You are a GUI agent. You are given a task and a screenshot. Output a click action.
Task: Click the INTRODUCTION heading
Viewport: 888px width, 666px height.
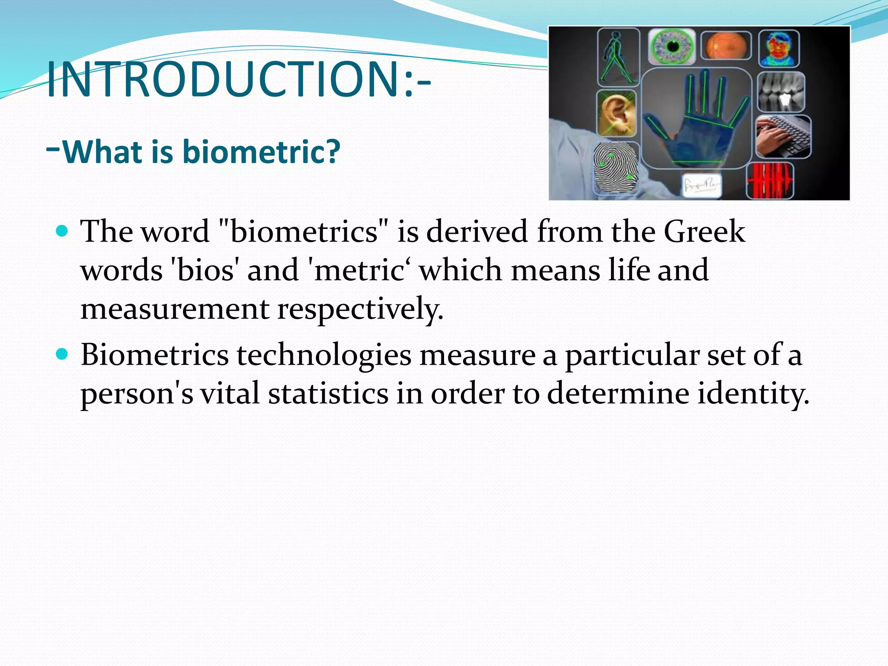click(x=238, y=79)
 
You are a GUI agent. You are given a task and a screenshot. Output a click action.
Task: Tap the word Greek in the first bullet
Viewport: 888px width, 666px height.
click(x=704, y=231)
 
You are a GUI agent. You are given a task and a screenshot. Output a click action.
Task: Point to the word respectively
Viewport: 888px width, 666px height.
click(x=360, y=309)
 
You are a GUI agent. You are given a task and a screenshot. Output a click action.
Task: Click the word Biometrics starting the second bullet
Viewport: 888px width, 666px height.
click(x=154, y=355)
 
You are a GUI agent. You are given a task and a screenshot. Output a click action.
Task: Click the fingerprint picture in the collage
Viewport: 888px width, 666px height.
click(x=616, y=168)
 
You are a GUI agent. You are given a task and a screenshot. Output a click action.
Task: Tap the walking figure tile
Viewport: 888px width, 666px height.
click(x=618, y=56)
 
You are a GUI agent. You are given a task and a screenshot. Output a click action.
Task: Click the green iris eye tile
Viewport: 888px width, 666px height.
click(x=672, y=47)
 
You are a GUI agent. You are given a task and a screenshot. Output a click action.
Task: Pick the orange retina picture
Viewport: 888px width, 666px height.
click(x=726, y=46)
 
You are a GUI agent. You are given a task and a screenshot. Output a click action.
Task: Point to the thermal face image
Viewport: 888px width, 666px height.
click(x=779, y=48)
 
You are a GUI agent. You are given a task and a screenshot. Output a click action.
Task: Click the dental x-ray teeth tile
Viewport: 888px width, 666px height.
click(x=781, y=92)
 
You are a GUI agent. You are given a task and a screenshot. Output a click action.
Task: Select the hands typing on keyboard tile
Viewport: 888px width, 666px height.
click(x=783, y=137)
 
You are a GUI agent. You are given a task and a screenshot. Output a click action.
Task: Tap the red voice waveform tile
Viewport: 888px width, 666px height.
click(x=770, y=180)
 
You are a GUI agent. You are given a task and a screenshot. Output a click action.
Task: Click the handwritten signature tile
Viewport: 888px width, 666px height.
click(x=701, y=186)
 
